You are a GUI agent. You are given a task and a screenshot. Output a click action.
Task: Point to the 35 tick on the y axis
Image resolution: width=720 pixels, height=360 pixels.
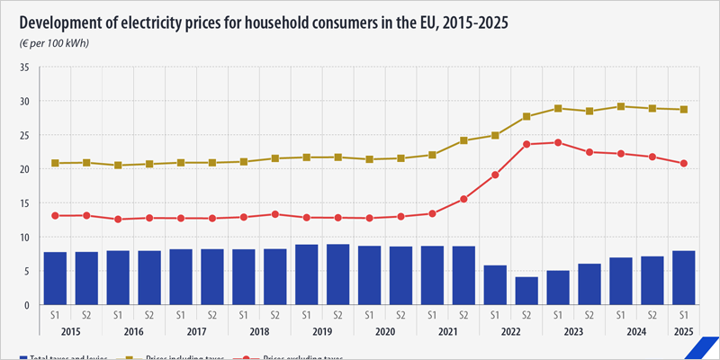click(25, 67)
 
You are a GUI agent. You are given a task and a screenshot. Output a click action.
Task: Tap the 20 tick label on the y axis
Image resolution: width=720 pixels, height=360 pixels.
click(25, 169)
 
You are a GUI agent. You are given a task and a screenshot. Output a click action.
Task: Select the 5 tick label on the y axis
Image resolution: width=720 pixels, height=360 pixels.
click(28, 271)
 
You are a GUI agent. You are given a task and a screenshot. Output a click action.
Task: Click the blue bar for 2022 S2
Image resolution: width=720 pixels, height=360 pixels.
click(527, 291)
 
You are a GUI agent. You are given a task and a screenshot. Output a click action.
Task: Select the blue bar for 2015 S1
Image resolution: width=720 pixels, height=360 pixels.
click(56, 278)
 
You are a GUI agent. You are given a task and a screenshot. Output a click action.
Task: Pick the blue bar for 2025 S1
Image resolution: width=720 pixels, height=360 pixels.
click(685, 277)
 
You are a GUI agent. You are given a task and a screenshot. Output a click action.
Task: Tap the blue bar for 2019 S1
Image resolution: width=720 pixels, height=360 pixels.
click(307, 274)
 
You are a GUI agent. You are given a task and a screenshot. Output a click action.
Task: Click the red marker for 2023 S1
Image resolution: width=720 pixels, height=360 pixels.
click(559, 142)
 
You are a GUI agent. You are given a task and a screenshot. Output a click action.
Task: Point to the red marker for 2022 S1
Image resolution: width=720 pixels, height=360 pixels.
click(496, 175)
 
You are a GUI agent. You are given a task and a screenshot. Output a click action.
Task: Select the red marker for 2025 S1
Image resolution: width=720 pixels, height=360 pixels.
click(685, 164)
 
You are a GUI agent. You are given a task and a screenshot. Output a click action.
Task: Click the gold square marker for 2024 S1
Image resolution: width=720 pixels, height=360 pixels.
click(622, 106)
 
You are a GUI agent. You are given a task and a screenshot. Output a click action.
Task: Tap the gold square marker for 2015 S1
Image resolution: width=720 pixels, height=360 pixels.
click(56, 163)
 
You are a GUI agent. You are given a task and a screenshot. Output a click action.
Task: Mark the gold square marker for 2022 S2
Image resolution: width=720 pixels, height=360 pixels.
click(527, 117)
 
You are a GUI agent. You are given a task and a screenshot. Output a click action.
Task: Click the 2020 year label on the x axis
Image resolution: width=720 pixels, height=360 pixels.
click(385, 331)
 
